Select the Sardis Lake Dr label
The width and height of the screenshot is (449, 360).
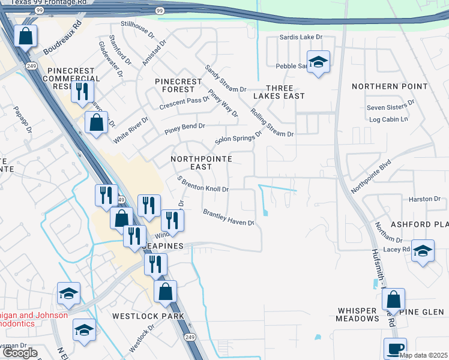301,37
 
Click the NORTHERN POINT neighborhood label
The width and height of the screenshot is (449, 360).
390,86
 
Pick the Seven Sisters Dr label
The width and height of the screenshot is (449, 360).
390,107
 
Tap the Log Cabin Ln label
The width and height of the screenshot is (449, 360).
388,119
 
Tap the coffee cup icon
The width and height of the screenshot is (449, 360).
395,348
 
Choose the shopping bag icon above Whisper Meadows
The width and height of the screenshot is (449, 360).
393,298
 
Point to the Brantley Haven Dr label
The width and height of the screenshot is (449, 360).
228,217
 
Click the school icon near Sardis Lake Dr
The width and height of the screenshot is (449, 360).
318,61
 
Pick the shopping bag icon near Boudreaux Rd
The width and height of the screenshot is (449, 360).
26,36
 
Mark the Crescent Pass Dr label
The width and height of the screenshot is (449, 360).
184,103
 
